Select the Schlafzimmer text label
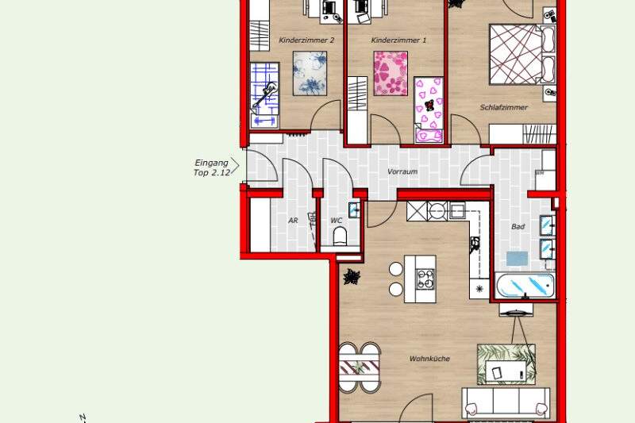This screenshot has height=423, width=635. [503, 107]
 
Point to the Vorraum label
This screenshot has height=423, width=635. [402, 171]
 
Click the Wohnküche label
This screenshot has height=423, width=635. [429, 359]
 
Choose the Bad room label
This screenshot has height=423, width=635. [518, 226]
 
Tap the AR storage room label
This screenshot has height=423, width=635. [293, 221]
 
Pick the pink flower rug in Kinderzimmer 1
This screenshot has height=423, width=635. [391, 73]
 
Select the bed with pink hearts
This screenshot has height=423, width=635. [429, 110]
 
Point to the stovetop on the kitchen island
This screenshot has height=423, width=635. [426, 279]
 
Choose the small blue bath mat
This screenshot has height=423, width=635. [518, 258]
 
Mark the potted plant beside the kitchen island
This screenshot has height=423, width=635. [352, 277]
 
